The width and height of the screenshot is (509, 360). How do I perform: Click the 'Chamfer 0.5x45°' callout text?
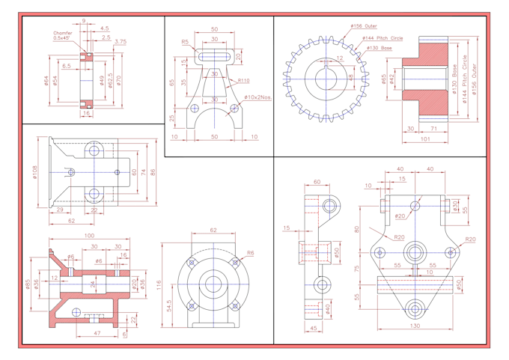63,35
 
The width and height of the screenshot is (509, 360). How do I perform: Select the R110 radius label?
243,81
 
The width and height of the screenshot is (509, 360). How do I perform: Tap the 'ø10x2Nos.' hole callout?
256,97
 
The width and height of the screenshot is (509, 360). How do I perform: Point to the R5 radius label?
185,43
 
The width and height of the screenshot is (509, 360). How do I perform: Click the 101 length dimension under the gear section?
425,138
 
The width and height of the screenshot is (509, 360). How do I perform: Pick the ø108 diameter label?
35,174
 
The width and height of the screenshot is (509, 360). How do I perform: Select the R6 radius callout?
250,253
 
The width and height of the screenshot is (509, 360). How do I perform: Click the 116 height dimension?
159,285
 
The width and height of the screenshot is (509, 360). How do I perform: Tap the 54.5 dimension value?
171,307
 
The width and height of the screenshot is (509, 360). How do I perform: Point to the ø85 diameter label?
28,284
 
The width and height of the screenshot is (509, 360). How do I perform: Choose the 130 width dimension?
415,326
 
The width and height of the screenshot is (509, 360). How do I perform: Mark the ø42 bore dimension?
393,78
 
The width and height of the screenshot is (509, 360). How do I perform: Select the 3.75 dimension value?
121,42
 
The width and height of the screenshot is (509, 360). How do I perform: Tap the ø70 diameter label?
118,80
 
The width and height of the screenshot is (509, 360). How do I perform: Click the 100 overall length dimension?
89,237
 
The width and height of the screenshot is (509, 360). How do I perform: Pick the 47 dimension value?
97,332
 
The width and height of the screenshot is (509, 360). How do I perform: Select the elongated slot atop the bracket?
214,52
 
